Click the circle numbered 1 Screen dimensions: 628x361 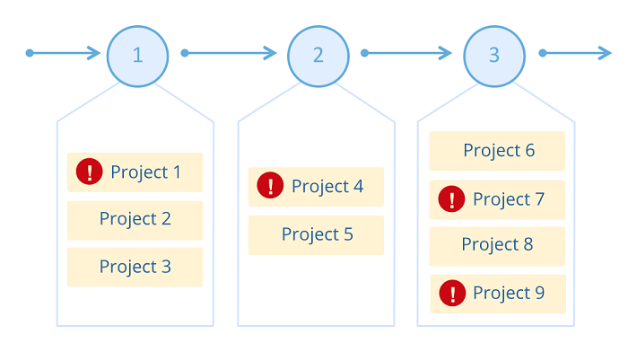(138, 57)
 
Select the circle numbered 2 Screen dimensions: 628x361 (318, 57)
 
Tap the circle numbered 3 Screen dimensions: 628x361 (494, 57)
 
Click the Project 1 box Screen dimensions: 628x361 (135, 172)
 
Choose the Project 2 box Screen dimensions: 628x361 (135, 220)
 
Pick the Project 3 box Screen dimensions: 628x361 (135, 267)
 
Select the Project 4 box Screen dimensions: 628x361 (316, 187)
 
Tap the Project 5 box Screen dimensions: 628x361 (316, 235)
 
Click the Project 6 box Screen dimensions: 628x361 (497, 151)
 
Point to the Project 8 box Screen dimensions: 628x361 (497, 246)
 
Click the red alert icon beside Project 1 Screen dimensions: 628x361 (90, 172)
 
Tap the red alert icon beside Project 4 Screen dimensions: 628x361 (270, 185)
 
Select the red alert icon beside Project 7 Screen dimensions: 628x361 (451, 198)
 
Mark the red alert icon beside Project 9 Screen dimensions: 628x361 (452, 293)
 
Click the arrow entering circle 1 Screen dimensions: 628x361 (63, 53)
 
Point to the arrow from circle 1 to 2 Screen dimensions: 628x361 (229, 53)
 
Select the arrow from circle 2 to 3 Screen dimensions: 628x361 (406, 53)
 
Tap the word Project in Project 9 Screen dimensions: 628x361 (502, 294)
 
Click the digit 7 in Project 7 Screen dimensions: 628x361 (539, 199)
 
